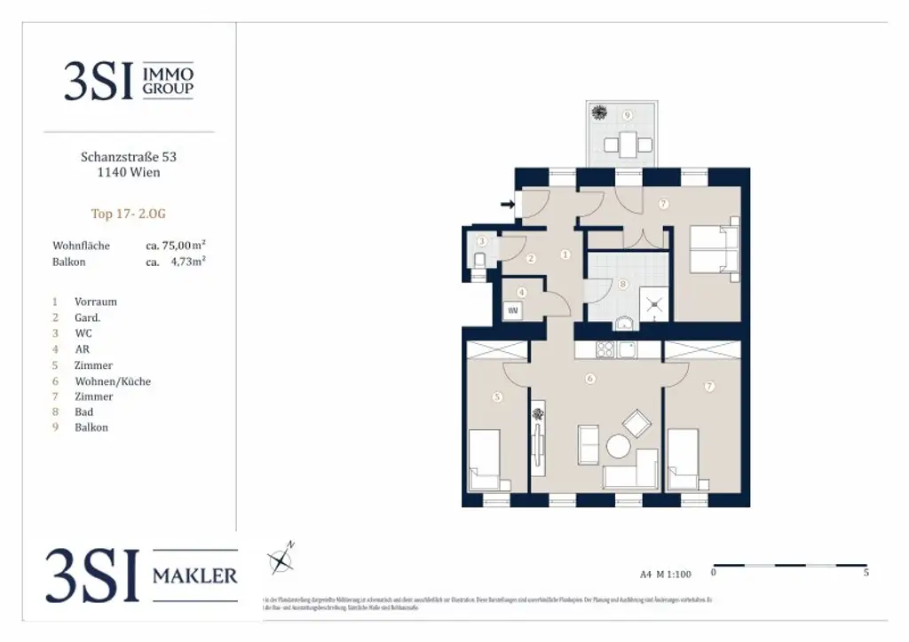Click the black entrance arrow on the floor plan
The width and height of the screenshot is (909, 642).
click(507, 205)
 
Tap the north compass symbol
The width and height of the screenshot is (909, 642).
click(281, 559)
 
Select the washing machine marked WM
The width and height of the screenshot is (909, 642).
click(513, 310)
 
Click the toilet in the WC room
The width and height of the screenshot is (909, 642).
click(478, 259)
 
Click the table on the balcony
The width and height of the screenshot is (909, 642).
click(628, 142)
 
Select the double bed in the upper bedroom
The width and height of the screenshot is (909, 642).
click(714, 251)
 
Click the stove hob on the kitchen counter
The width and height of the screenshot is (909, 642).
click(606, 349)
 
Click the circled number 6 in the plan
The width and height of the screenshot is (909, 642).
click(589, 379)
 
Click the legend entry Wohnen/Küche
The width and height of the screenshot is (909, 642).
click(112, 381)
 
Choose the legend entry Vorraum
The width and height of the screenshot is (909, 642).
click(96, 301)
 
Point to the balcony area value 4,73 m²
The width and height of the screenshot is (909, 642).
click(189, 262)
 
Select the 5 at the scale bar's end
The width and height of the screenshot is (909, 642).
click(866, 574)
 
